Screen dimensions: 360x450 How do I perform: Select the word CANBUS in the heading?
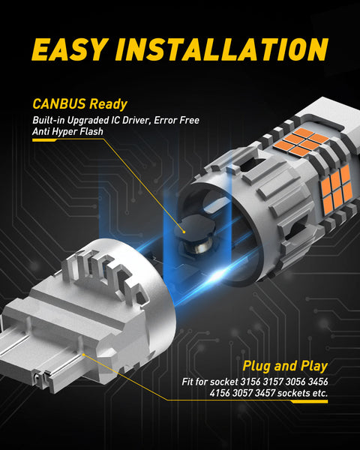click(59, 103)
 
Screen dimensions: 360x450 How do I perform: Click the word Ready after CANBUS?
click(108, 104)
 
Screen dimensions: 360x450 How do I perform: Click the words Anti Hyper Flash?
click(67, 131)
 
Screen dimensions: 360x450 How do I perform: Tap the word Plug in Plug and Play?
click(256, 367)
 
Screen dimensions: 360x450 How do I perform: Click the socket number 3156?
click(250, 382)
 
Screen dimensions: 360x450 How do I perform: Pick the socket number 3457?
click(265, 392)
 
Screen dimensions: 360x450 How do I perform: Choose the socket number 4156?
click(220, 392)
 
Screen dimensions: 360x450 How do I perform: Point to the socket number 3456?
click(318, 382)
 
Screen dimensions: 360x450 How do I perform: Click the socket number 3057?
click(242, 392)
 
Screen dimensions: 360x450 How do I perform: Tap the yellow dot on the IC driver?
click(184, 232)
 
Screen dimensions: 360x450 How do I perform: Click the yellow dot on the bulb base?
click(83, 355)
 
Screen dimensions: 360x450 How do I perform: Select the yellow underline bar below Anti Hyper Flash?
click(45, 140)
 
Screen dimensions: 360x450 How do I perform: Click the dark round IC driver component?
click(195, 229)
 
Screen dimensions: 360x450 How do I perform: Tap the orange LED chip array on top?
click(301, 142)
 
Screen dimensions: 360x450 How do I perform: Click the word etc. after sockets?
click(319, 393)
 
